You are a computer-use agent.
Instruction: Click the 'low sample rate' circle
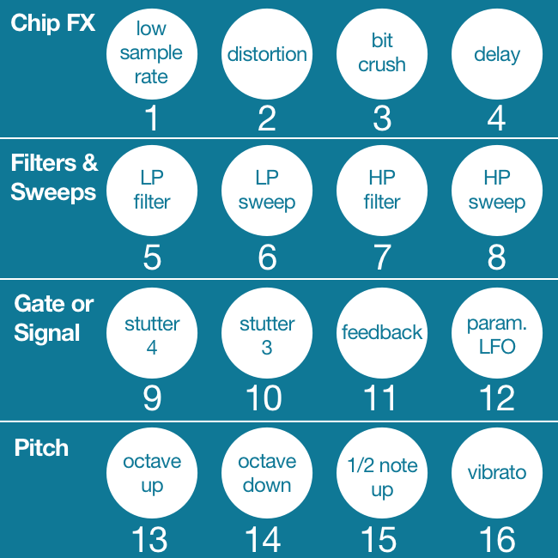click(152, 53)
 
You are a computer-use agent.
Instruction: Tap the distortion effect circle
click(267, 53)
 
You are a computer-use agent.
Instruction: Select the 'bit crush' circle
click(382, 53)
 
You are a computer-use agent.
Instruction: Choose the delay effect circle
click(497, 53)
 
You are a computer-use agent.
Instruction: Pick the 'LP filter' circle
click(152, 191)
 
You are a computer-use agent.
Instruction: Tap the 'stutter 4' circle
click(152, 335)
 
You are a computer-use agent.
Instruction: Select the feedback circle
click(382, 333)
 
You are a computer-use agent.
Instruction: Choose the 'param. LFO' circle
click(497, 335)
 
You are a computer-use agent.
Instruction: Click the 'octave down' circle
click(267, 473)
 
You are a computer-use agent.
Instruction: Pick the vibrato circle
click(497, 473)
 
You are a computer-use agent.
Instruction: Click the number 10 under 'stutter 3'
click(263, 398)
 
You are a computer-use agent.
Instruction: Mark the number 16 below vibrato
click(497, 540)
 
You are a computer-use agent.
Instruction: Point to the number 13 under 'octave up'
click(149, 540)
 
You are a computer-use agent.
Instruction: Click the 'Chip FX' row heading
click(52, 23)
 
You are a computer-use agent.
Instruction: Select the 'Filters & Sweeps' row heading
click(54, 177)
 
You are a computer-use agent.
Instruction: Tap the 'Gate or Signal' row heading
click(54, 318)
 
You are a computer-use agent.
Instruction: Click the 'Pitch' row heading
click(41, 448)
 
